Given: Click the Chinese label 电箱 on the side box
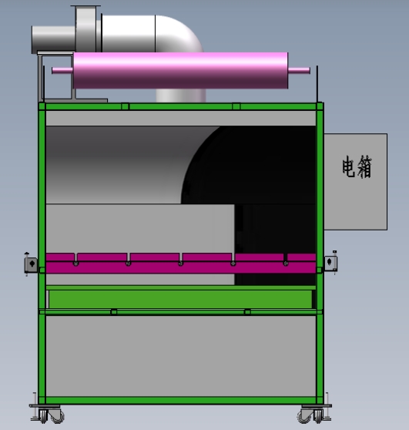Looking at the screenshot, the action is pyautogui.click(x=357, y=166).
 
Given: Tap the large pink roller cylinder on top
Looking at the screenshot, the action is pyautogui.click(x=181, y=70).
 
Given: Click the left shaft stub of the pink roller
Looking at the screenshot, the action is pyautogui.click(x=62, y=70).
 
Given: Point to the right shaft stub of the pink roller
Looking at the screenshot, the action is pyautogui.click(x=299, y=70).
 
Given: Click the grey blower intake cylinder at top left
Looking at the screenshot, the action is pyautogui.click(x=53, y=39).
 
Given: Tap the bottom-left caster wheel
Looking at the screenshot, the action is pyautogui.click(x=51, y=416).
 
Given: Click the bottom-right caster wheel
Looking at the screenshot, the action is pyautogui.click(x=310, y=416).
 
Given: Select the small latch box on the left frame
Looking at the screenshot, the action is pyautogui.click(x=31, y=264).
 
